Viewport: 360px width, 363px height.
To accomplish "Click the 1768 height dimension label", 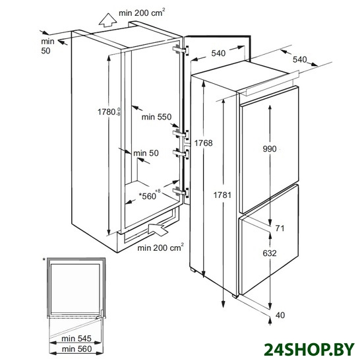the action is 203,143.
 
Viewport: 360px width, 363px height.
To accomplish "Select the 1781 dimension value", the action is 222,195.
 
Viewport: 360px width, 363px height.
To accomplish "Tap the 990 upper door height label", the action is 270,149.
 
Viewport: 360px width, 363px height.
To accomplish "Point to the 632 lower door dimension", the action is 270,253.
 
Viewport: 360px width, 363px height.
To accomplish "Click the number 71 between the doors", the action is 280,228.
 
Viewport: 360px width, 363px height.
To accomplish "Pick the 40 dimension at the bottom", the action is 280,315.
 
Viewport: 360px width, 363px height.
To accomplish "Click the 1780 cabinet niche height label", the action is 109,112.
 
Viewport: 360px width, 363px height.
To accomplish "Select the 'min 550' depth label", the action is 156,117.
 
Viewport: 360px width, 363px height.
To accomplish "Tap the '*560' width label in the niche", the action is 150,195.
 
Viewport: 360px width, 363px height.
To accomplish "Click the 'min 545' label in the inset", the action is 76,339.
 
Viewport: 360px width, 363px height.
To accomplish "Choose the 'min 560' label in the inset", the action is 76,348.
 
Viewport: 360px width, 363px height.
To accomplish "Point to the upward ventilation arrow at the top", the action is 107,20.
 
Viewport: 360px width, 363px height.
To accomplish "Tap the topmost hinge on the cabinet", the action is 181,50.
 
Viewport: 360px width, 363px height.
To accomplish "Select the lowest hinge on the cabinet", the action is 181,192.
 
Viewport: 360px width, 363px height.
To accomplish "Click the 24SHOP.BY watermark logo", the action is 309,349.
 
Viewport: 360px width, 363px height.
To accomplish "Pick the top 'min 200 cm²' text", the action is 142,13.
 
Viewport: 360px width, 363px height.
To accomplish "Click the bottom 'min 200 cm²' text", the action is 161,247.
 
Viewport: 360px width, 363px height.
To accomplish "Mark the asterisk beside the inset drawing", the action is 44,260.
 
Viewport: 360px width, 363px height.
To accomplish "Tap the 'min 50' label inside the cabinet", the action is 146,153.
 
